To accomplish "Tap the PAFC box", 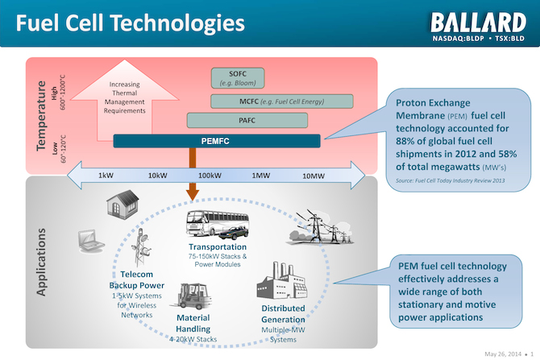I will [x=247, y=121].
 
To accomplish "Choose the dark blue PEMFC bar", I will [x=216, y=141].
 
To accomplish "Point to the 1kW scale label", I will [x=105, y=175].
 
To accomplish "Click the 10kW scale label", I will [x=157, y=175].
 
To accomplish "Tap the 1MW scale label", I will [x=260, y=175].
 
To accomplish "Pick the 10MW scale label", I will [x=314, y=175].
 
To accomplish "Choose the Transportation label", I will [x=217, y=247].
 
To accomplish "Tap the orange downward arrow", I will [x=192, y=192].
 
